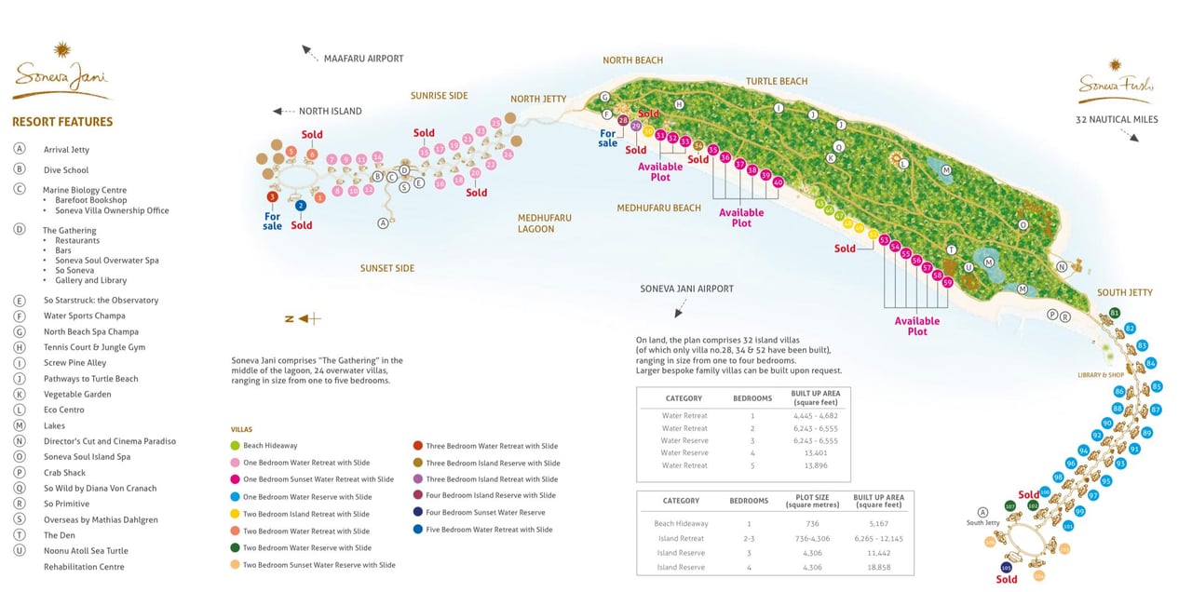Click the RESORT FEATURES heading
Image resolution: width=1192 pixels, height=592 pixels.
click(62, 122)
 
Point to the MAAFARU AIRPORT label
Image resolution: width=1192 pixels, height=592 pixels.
click(363, 59)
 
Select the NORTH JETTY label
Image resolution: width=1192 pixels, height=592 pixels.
click(538, 99)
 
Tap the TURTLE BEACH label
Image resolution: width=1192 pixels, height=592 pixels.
click(777, 82)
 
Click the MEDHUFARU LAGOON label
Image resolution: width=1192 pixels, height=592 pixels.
click(545, 223)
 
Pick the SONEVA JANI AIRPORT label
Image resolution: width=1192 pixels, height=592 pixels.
click(686, 289)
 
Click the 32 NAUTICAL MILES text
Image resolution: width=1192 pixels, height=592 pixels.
click(1117, 120)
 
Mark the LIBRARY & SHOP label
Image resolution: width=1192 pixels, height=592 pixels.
click(1100, 375)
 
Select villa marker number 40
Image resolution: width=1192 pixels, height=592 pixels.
click(779, 182)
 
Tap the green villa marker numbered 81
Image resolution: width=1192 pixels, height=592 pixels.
click(1115, 313)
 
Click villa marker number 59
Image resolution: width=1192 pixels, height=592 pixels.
click(948, 282)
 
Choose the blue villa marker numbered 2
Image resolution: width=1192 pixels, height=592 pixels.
click(301, 206)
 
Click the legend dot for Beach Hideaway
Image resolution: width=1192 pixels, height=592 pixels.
click(235, 446)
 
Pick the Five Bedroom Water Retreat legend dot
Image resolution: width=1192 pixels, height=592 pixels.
click(418, 530)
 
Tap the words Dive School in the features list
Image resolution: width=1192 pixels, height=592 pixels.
click(66, 170)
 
